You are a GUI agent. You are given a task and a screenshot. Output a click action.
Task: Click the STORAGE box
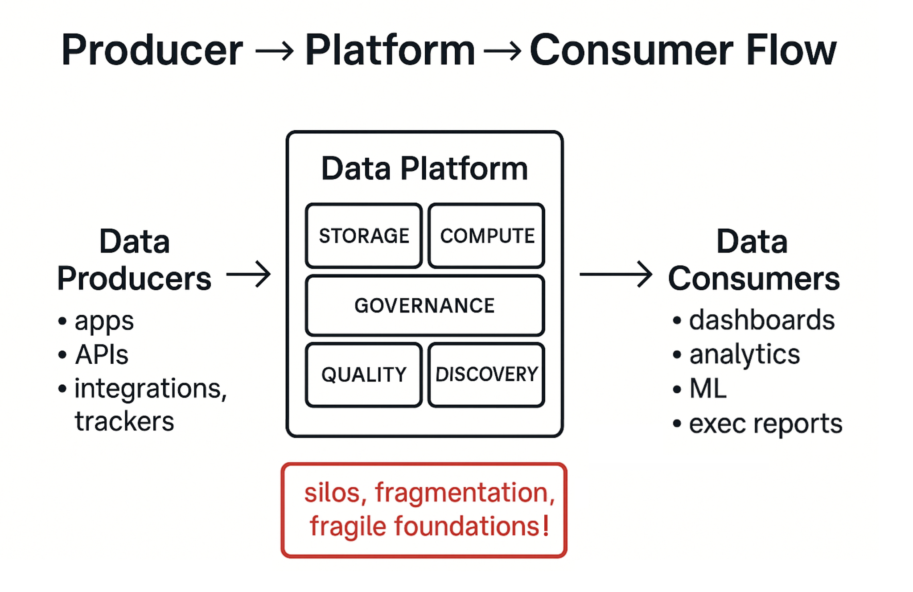click(364, 235)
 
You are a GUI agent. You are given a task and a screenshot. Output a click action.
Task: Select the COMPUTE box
click(486, 235)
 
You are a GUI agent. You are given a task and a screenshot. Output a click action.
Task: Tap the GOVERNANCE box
click(424, 305)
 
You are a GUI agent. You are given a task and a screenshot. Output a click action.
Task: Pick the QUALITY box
click(364, 374)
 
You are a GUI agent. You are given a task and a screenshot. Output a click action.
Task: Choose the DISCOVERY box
click(486, 374)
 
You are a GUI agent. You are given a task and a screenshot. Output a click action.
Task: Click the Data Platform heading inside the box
click(424, 169)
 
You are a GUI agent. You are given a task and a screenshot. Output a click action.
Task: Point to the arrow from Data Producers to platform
click(249, 274)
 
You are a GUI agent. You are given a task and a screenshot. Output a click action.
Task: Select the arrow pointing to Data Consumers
click(616, 274)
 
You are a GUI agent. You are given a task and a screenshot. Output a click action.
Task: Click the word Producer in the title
click(152, 50)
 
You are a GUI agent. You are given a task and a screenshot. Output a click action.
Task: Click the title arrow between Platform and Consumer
click(502, 51)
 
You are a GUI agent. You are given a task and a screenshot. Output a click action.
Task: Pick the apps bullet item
click(104, 321)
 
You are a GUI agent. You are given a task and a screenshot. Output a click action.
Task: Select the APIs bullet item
click(102, 355)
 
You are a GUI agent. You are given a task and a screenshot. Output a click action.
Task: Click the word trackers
click(124, 421)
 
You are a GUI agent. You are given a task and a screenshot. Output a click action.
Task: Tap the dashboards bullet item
click(761, 320)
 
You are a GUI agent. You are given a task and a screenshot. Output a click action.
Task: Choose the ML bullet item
click(708, 388)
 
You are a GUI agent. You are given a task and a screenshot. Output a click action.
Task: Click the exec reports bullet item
click(765, 423)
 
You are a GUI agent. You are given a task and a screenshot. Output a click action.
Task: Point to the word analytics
click(744, 354)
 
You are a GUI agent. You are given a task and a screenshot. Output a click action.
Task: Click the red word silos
click(332, 493)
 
